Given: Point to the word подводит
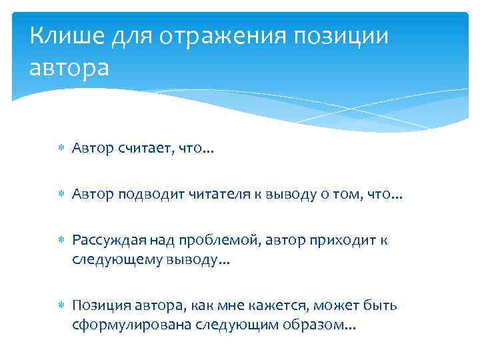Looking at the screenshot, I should click(x=150, y=195).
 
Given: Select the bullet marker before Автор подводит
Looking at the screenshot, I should click(x=60, y=195).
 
